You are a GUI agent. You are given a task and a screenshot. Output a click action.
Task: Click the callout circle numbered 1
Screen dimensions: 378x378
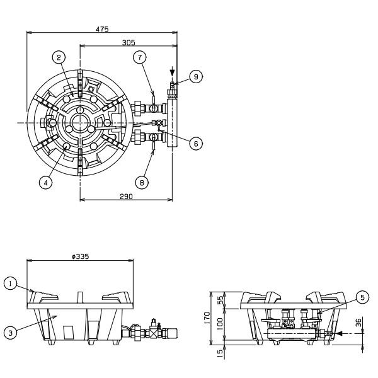(11, 283)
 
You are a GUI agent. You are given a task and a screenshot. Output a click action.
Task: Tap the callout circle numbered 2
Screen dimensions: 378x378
(59, 57)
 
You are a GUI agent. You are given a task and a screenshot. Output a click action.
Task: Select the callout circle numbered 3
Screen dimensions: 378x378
(11, 333)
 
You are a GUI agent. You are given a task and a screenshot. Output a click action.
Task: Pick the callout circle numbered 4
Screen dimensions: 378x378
(45, 183)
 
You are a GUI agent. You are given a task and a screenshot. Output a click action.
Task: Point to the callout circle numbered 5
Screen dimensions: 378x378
(363, 297)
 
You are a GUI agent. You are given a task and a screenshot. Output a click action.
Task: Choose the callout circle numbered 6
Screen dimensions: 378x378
(196, 144)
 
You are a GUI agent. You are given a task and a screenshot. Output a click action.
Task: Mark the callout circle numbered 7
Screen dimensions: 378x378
(140, 57)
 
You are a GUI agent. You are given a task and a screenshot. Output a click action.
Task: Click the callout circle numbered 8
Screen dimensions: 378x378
(142, 183)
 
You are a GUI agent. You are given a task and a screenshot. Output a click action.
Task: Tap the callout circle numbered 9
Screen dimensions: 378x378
(196, 77)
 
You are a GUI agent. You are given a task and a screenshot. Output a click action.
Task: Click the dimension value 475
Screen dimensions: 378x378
(102, 29)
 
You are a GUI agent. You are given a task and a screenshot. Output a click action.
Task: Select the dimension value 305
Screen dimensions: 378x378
(129, 42)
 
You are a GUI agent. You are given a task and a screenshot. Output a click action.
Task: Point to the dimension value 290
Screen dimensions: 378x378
(126, 197)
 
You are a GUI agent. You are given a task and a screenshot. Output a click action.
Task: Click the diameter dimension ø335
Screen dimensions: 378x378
(80, 256)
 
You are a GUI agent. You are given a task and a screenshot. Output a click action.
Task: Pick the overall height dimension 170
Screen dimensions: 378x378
(207, 318)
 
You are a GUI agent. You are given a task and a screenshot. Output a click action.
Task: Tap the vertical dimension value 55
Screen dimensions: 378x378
(220, 301)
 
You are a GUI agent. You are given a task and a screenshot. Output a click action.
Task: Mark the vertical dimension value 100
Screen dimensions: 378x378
(220, 324)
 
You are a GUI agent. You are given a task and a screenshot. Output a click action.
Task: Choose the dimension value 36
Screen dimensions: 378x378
(358, 323)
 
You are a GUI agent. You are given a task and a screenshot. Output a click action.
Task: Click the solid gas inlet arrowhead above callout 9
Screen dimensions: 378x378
(172, 72)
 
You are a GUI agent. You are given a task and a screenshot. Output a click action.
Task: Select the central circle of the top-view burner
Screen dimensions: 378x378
(79, 123)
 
